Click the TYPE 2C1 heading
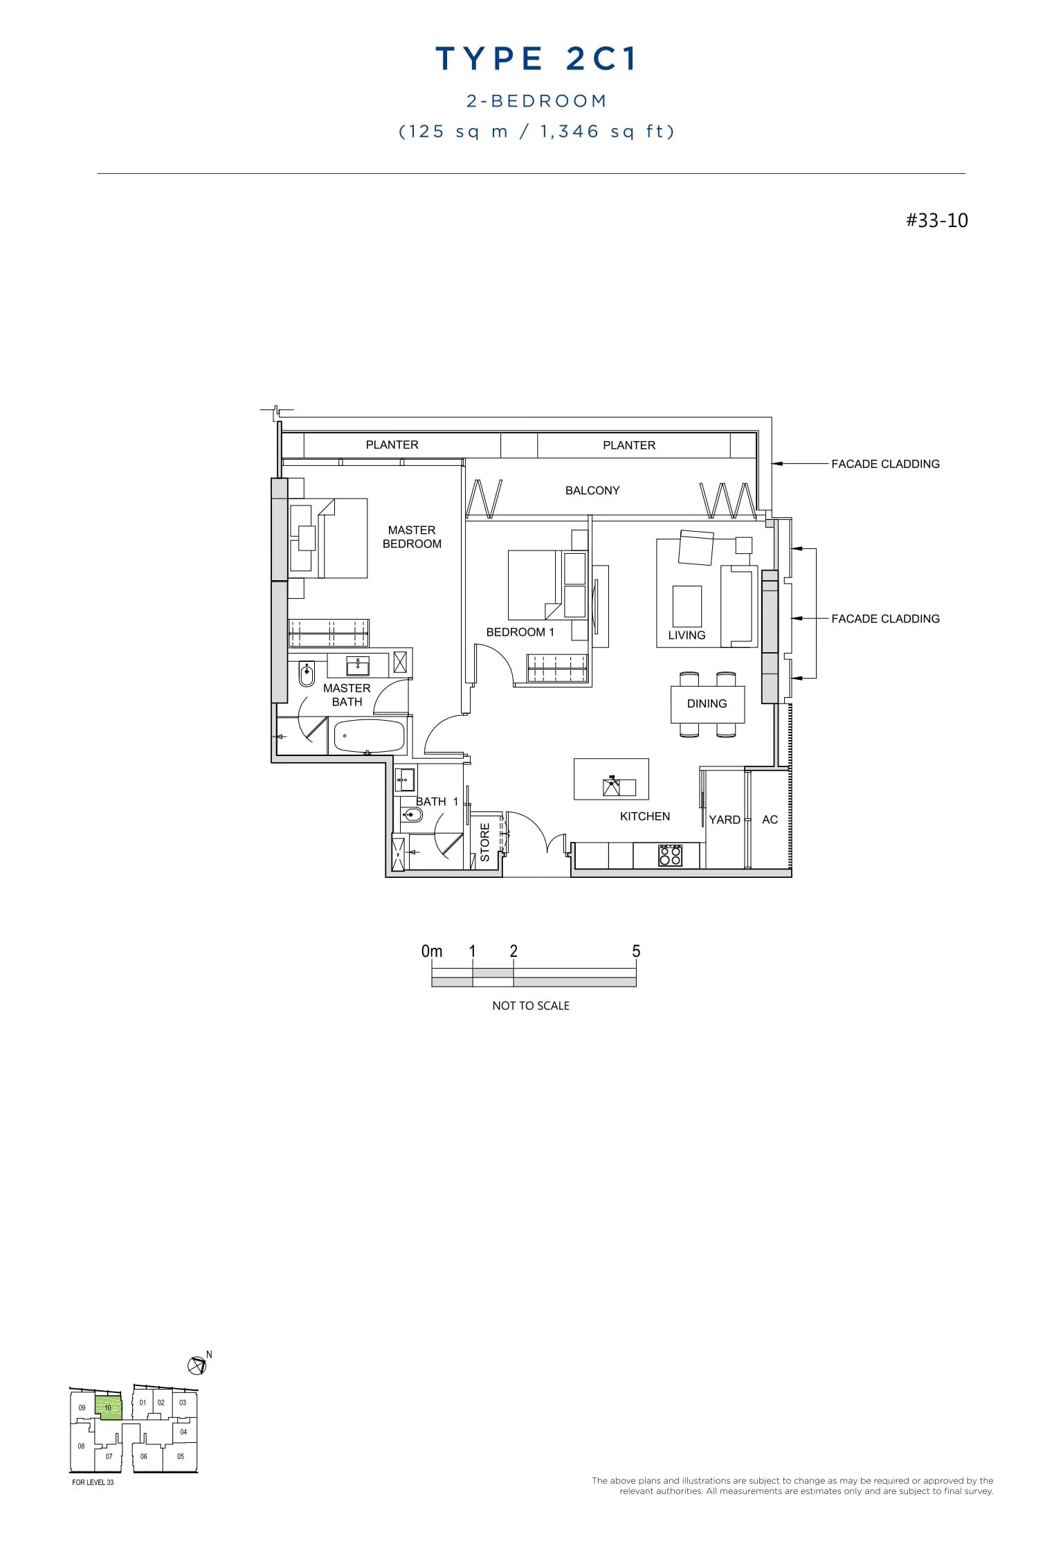536,60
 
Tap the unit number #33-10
936,221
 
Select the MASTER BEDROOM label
412,537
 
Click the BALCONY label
592,490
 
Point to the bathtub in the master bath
369,736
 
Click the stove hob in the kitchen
670,855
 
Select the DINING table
707,704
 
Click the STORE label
484,843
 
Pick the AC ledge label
770,820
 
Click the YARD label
725,820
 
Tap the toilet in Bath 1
412,815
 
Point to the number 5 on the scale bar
636,951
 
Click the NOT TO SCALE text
531,1005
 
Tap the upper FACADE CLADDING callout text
885,464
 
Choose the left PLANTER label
392,444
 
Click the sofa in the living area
738,606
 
